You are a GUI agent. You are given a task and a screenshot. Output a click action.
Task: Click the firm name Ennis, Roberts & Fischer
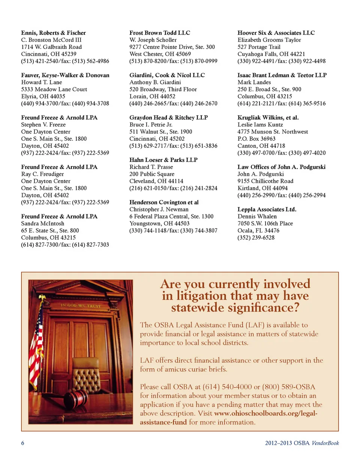pos(53,33)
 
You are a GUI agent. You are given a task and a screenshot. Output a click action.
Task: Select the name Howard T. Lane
pos(41,82)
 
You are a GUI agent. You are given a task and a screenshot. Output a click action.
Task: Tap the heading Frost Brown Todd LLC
pos(160,33)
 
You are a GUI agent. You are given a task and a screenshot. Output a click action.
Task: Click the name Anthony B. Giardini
pos(155,82)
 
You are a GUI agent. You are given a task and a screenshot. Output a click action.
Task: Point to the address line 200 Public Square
pos(152,174)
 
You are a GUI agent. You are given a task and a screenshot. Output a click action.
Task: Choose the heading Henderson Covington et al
pos(164,202)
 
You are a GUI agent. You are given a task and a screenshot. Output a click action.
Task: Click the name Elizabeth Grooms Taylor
pos(269,40)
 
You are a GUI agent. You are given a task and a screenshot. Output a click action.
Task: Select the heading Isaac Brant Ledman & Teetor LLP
pos(282,75)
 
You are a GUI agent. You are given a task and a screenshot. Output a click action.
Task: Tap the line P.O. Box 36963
pos(256,139)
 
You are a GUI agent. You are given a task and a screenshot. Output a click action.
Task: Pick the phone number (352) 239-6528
pos(256,238)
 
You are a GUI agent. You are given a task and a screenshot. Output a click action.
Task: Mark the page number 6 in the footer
pos(22,443)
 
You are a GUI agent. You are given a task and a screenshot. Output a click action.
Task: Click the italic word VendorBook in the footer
pos(325,443)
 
